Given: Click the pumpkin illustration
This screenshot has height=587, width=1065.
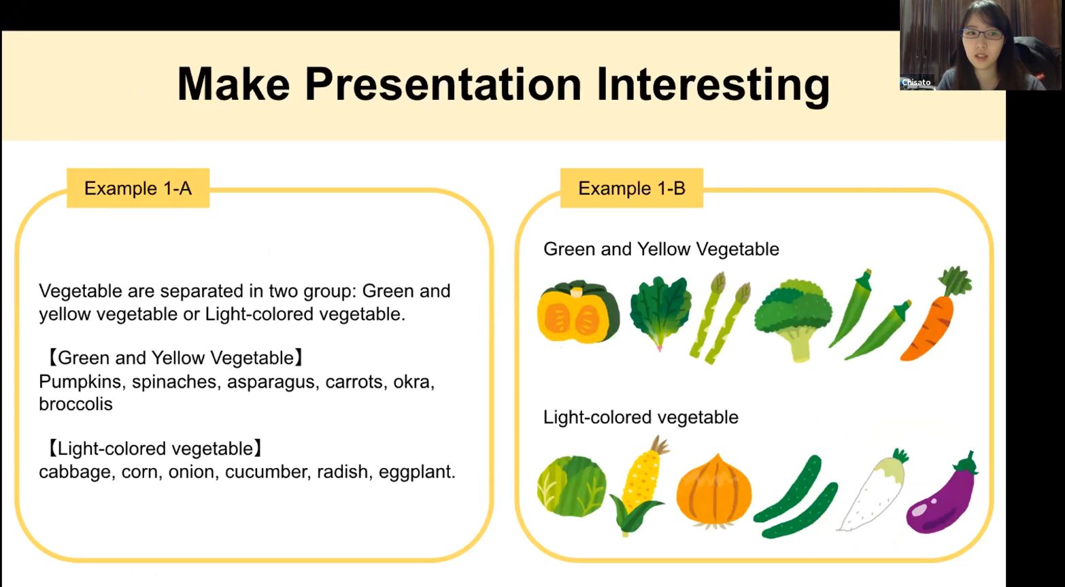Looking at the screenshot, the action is pos(579,312).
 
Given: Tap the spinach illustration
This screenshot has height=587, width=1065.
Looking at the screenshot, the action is pos(660,312).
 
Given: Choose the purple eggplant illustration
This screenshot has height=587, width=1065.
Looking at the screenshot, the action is pos(941,494).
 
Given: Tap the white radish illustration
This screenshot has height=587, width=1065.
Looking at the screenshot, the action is pos(873,490).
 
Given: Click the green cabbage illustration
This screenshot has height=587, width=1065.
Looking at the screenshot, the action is pos(571,486).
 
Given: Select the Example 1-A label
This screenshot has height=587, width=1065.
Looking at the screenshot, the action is pos(138,188).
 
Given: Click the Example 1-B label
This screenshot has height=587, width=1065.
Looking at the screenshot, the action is pos(631,188).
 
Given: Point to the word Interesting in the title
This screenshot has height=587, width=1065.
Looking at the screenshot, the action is pos(713,84).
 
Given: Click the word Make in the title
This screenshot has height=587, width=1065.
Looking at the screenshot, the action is pos(233,84).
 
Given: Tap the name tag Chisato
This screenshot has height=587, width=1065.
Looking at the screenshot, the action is pos(916,82).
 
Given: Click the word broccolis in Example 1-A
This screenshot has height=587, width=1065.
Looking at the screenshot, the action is pos(75,404).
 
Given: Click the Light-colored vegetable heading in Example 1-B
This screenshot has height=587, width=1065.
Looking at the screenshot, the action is pos(641,417).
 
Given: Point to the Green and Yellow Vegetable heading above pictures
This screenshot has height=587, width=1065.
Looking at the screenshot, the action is pos(661,249).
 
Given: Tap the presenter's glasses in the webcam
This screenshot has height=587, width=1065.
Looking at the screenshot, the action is pos(981,34).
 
